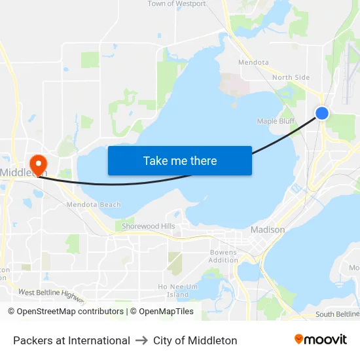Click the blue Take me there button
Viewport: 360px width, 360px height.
coord(180,161)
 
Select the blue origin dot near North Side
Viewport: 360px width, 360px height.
coord(322,113)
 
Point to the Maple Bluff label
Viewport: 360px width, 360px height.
coord(276,121)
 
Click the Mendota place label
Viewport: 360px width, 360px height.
coord(253,63)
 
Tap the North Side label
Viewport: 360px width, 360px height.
coord(291,77)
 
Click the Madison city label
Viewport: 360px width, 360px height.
coord(268,230)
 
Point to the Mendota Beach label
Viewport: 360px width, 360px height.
coord(94,205)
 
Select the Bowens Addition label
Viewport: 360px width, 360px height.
coord(223,256)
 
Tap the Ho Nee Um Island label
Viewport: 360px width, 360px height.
coord(177,291)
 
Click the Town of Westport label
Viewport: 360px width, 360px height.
coord(177,4)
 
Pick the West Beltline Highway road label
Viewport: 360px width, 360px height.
coord(51,296)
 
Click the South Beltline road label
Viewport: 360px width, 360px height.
coord(337,314)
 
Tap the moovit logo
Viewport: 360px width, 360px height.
coord(321,340)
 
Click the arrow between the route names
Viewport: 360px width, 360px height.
coord(141,340)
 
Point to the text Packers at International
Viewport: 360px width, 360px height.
coord(71,340)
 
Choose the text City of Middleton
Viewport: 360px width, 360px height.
coord(195,340)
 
